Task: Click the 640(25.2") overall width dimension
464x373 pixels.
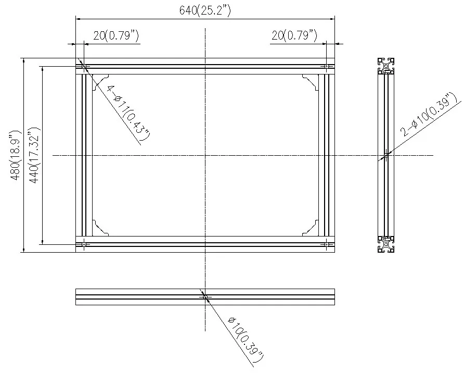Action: (205, 10)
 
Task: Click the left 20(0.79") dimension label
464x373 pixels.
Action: (116, 36)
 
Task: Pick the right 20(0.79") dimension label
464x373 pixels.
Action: (294, 36)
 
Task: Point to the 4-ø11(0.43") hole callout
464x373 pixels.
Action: (128, 113)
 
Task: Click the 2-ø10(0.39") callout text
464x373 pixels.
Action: (428, 115)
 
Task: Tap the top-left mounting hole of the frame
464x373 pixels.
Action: (84, 66)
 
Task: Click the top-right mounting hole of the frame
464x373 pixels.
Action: (327, 66)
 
